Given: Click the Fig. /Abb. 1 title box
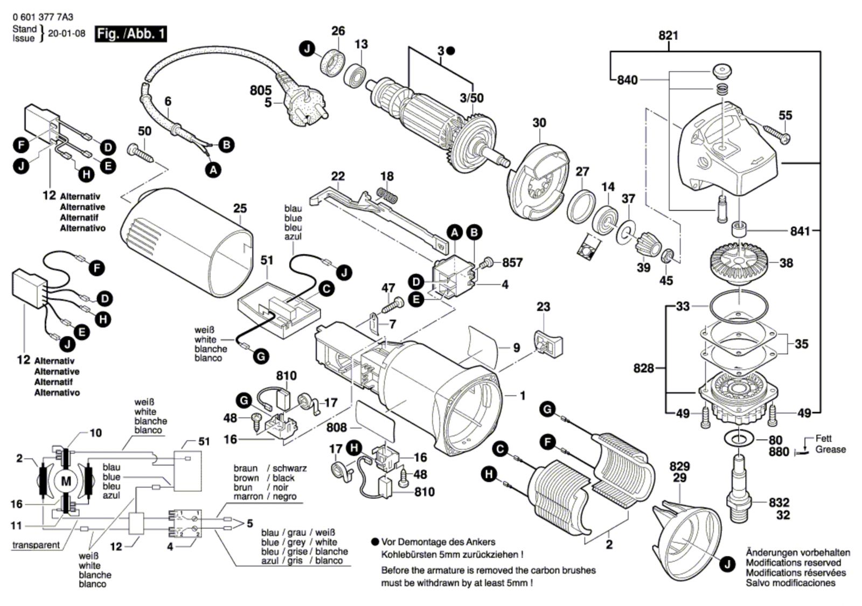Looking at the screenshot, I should [131, 34].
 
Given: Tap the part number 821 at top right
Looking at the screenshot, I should [668, 36].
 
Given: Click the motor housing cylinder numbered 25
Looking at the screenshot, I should [186, 242].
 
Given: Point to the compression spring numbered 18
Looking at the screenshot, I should [387, 194].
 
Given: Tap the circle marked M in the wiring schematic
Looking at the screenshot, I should [66, 481].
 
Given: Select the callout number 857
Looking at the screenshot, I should [513, 263].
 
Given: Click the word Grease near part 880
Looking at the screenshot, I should [830, 449].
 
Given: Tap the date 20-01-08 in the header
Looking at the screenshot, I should [67, 33].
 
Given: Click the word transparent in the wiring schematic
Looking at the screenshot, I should [36, 545].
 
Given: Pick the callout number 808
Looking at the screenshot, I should [337, 428].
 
